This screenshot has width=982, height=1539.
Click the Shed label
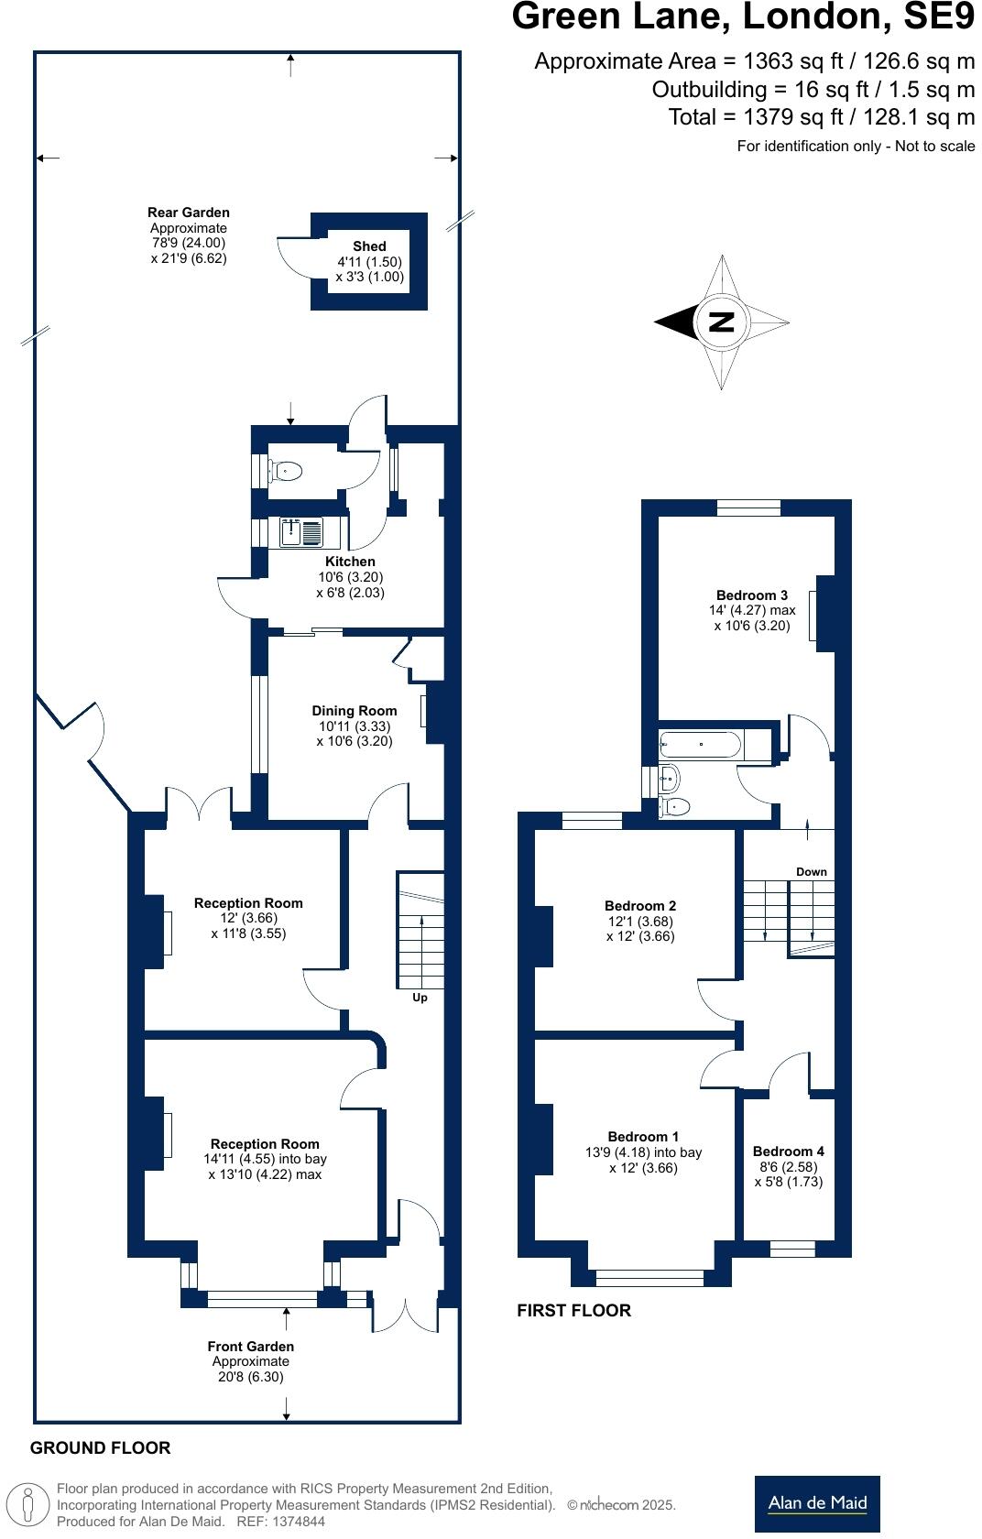[369, 246]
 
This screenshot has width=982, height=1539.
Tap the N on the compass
[721, 322]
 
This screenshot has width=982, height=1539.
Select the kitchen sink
[301, 532]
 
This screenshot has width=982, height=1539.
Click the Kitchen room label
[350, 562]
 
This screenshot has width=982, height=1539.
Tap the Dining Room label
[354, 711]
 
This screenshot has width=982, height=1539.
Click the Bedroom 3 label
[752, 595]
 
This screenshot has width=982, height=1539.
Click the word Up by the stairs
[420, 998]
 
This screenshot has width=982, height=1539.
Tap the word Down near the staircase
[812, 872]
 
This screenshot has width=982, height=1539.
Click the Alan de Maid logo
[817, 1504]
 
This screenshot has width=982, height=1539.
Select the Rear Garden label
[189, 213]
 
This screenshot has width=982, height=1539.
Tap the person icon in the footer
[27, 1503]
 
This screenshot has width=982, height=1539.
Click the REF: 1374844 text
[280, 1521]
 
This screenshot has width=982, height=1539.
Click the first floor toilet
[674, 806]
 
